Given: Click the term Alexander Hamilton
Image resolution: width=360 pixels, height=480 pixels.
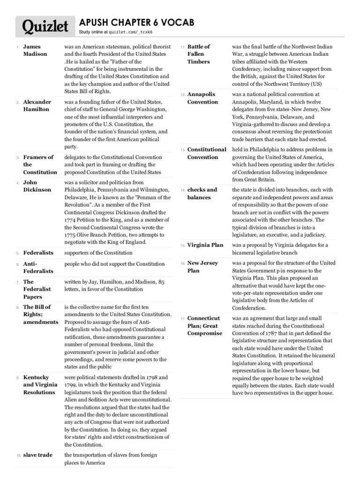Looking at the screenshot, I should click(x=36, y=105).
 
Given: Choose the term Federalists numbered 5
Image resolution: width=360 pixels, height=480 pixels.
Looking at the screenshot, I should click(x=38, y=253).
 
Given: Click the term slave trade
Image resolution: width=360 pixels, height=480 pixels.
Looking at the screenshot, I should click(x=38, y=455).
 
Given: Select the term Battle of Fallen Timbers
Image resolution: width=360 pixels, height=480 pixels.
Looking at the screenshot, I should click(x=199, y=54).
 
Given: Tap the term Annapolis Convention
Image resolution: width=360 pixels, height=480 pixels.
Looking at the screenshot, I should click(x=202, y=98).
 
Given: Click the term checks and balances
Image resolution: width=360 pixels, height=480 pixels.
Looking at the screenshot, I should click(x=202, y=194).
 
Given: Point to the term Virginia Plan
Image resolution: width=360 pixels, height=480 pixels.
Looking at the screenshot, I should click(x=205, y=245).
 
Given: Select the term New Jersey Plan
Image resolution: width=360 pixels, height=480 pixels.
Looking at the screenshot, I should click(x=202, y=267).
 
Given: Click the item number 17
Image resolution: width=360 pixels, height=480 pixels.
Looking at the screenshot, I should click(x=183, y=319).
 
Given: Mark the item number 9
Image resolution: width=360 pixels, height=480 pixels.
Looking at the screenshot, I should click(x=17, y=377).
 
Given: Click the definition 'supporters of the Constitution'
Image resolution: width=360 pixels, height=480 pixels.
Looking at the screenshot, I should click(x=98, y=253).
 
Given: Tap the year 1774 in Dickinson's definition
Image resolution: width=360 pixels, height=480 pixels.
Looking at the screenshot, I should click(x=71, y=219).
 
